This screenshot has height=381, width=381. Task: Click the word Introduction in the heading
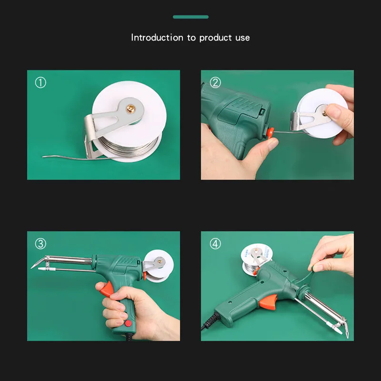pyautogui.click(x=157, y=38)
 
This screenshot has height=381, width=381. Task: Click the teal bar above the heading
pyautogui.click(x=191, y=17)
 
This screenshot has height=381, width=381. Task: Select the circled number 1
pyautogui.click(x=40, y=82)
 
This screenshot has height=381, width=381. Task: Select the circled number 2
pyautogui.click(x=215, y=82)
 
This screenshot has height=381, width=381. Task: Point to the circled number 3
pyautogui.click(x=40, y=244)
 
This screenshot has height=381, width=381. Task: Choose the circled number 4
pyautogui.click(x=215, y=244)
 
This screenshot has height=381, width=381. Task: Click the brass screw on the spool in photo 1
pyautogui.click(x=131, y=109)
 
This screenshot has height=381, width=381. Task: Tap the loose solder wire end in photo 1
pyautogui.click(x=44, y=157)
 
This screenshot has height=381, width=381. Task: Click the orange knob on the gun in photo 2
pyautogui.click(x=270, y=133)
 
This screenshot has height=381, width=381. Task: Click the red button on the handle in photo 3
pyautogui.click(x=128, y=323)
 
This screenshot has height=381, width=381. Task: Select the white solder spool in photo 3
pyautogui.click(x=159, y=266)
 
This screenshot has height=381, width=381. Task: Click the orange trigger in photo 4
pyautogui.click(x=268, y=301)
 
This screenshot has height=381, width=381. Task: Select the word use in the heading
pyautogui.click(x=242, y=38)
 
